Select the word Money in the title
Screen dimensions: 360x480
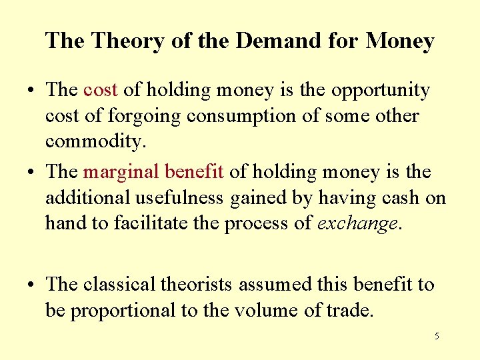pos(399,42)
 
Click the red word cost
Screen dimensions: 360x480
pos(101,90)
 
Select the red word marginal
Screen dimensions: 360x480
pos(119,172)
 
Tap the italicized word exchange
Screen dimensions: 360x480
pos(357,223)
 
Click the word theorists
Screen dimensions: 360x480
pos(196,285)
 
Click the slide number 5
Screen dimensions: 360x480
pos(437,337)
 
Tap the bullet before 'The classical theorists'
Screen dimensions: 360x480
pos(33,285)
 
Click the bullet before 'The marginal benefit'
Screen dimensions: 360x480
pos(33,173)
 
